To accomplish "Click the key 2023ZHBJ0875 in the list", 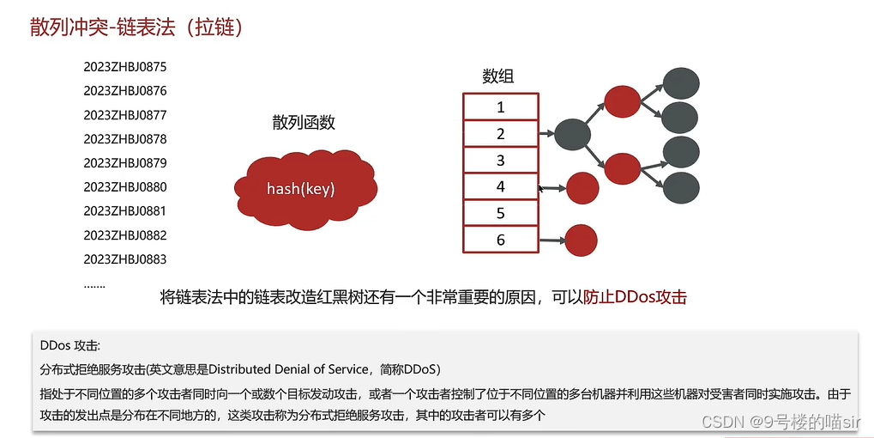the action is point(125,67).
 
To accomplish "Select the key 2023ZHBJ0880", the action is point(125,187).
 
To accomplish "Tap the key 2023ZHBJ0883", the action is point(125,259).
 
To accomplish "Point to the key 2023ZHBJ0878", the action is point(125,139).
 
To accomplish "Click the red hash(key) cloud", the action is point(305,189).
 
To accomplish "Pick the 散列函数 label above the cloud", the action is point(304,122).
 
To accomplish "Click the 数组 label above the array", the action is point(497,76).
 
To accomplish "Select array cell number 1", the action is point(501,106).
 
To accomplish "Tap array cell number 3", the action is point(501,160).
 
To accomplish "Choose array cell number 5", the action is point(501,213).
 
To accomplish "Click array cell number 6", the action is point(501,240).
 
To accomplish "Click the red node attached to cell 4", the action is point(582,188).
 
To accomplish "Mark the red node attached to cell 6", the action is point(581,240).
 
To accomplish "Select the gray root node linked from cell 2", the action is point(572,134).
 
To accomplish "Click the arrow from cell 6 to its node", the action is point(552,240).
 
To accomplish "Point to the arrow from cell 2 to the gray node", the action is point(546,134).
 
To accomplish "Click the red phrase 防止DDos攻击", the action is point(635,297).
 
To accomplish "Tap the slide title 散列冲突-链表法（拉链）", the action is point(136,27).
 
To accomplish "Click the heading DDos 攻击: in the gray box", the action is point(70,345).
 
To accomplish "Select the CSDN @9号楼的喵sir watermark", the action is point(780,422).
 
